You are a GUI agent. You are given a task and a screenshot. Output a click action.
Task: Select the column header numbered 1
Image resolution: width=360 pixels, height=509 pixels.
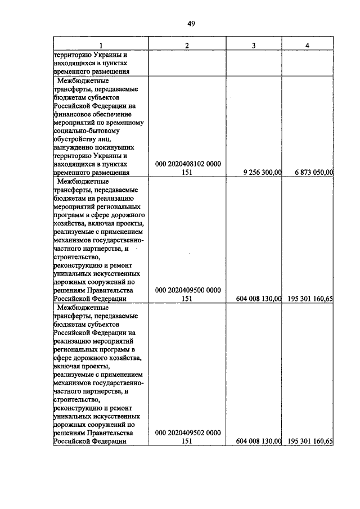pyautogui.click(x=101, y=45)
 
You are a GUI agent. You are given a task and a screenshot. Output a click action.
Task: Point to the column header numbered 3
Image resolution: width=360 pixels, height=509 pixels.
pyautogui.click(x=254, y=45)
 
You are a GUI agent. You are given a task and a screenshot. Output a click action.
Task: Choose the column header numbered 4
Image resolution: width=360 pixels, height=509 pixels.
pyautogui.click(x=307, y=45)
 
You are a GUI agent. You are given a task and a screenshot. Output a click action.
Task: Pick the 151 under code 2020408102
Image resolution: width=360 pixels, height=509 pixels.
pyautogui.click(x=187, y=173)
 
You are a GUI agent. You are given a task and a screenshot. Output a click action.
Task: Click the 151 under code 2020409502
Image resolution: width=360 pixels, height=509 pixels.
pyautogui.click(x=187, y=442)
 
